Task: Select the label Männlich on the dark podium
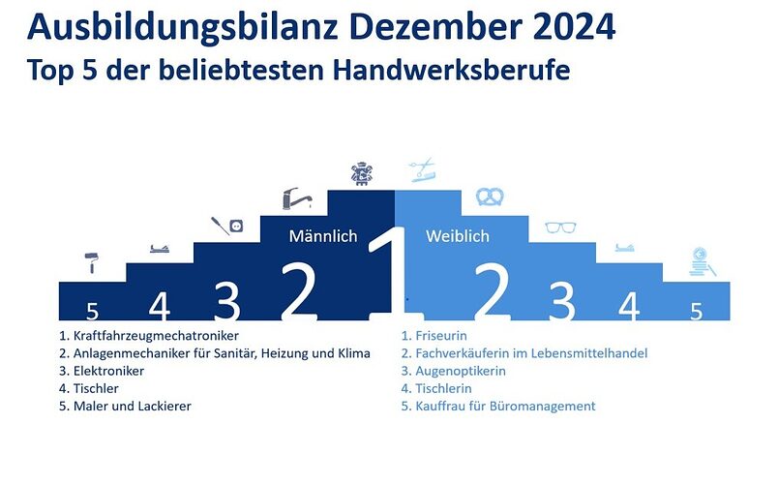point(323,236)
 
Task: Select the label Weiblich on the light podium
point(457,236)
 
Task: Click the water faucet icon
point(297,198)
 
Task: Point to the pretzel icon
point(490,197)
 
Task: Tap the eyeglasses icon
point(560,227)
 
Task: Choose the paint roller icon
point(92,262)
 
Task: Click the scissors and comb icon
point(423,169)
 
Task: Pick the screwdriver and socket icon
point(227,226)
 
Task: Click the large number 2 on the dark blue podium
point(298,291)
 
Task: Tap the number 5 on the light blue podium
point(696,312)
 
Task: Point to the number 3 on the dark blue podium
point(227,300)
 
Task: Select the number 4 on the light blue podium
point(629,306)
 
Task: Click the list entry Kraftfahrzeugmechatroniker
point(149,336)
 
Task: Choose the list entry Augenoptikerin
point(454,372)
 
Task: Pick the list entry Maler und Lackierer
point(125,406)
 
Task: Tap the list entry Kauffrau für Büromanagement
point(498,406)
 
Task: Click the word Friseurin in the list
point(441,336)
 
